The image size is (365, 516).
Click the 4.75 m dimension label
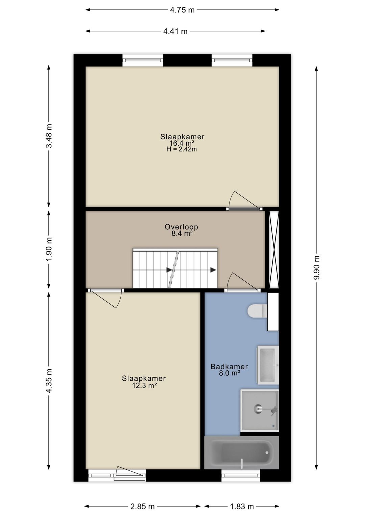tap(182, 10)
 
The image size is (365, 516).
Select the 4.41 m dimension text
tap(175, 31)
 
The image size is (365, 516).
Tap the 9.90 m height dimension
tap(317, 267)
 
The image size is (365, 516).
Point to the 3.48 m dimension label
tap(49, 136)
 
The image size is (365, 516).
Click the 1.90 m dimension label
tap(49, 249)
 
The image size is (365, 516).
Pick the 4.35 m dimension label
tap(49, 381)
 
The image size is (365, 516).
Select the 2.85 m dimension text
tap(142, 506)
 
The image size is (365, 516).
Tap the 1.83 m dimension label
tap(242, 506)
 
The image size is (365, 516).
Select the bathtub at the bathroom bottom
tap(241, 452)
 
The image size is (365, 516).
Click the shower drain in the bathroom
tap(259, 408)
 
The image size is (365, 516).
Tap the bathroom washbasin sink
tap(267, 365)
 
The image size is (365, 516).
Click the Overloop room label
tap(181, 227)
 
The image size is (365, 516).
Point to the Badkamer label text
tap(229, 367)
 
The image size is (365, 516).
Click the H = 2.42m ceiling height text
tap(181, 149)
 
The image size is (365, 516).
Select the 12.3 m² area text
tap(144, 385)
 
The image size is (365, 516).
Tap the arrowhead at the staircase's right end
tap(213, 270)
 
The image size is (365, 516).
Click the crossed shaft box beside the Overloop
tap(274, 250)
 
